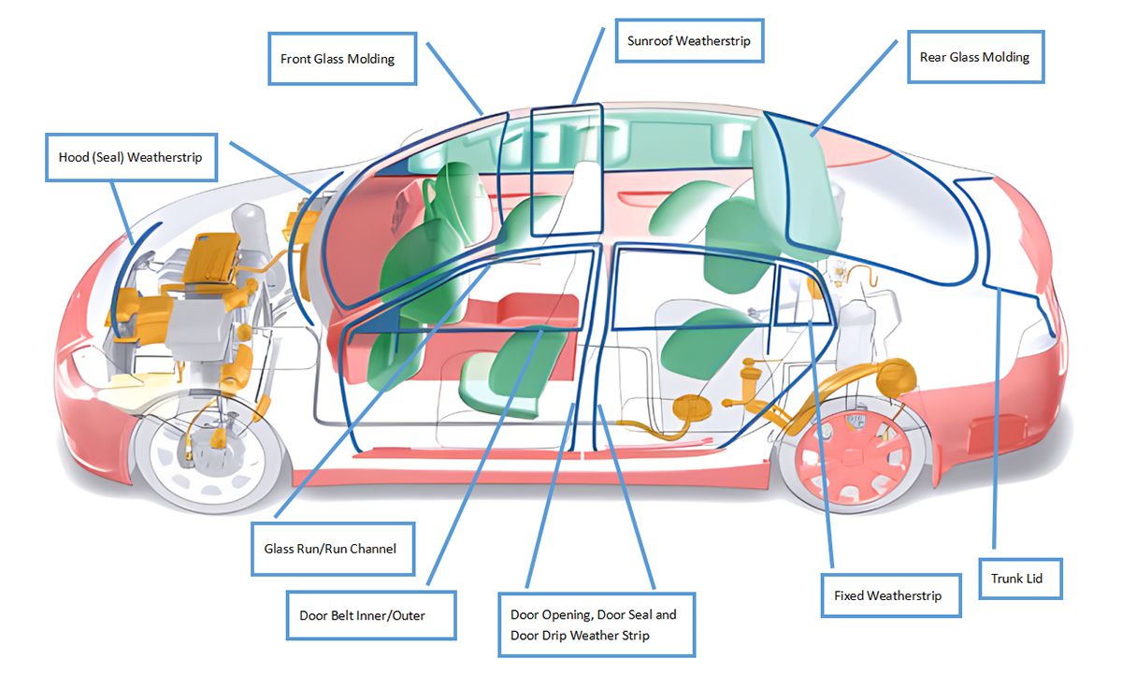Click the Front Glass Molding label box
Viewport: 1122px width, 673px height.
click(338, 59)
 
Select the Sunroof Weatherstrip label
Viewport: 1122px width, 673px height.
click(688, 40)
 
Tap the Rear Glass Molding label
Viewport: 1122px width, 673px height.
click(974, 57)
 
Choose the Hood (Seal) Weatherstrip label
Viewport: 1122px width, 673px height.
click(130, 157)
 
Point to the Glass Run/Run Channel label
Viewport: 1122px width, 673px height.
click(324, 548)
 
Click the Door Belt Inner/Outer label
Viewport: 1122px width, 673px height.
click(370, 615)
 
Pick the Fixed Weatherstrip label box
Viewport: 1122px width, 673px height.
click(887, 595)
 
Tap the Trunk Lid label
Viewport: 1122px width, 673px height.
click(1016, 579)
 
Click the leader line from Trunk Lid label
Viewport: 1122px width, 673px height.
click(997, 421)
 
